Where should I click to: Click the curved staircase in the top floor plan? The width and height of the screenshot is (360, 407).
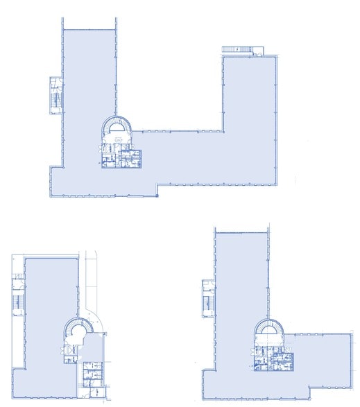(x=118, y=128)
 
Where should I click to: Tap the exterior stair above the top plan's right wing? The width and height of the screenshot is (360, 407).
(x=239, y=49)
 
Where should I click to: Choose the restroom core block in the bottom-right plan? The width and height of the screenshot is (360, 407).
(x=272, y=358)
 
